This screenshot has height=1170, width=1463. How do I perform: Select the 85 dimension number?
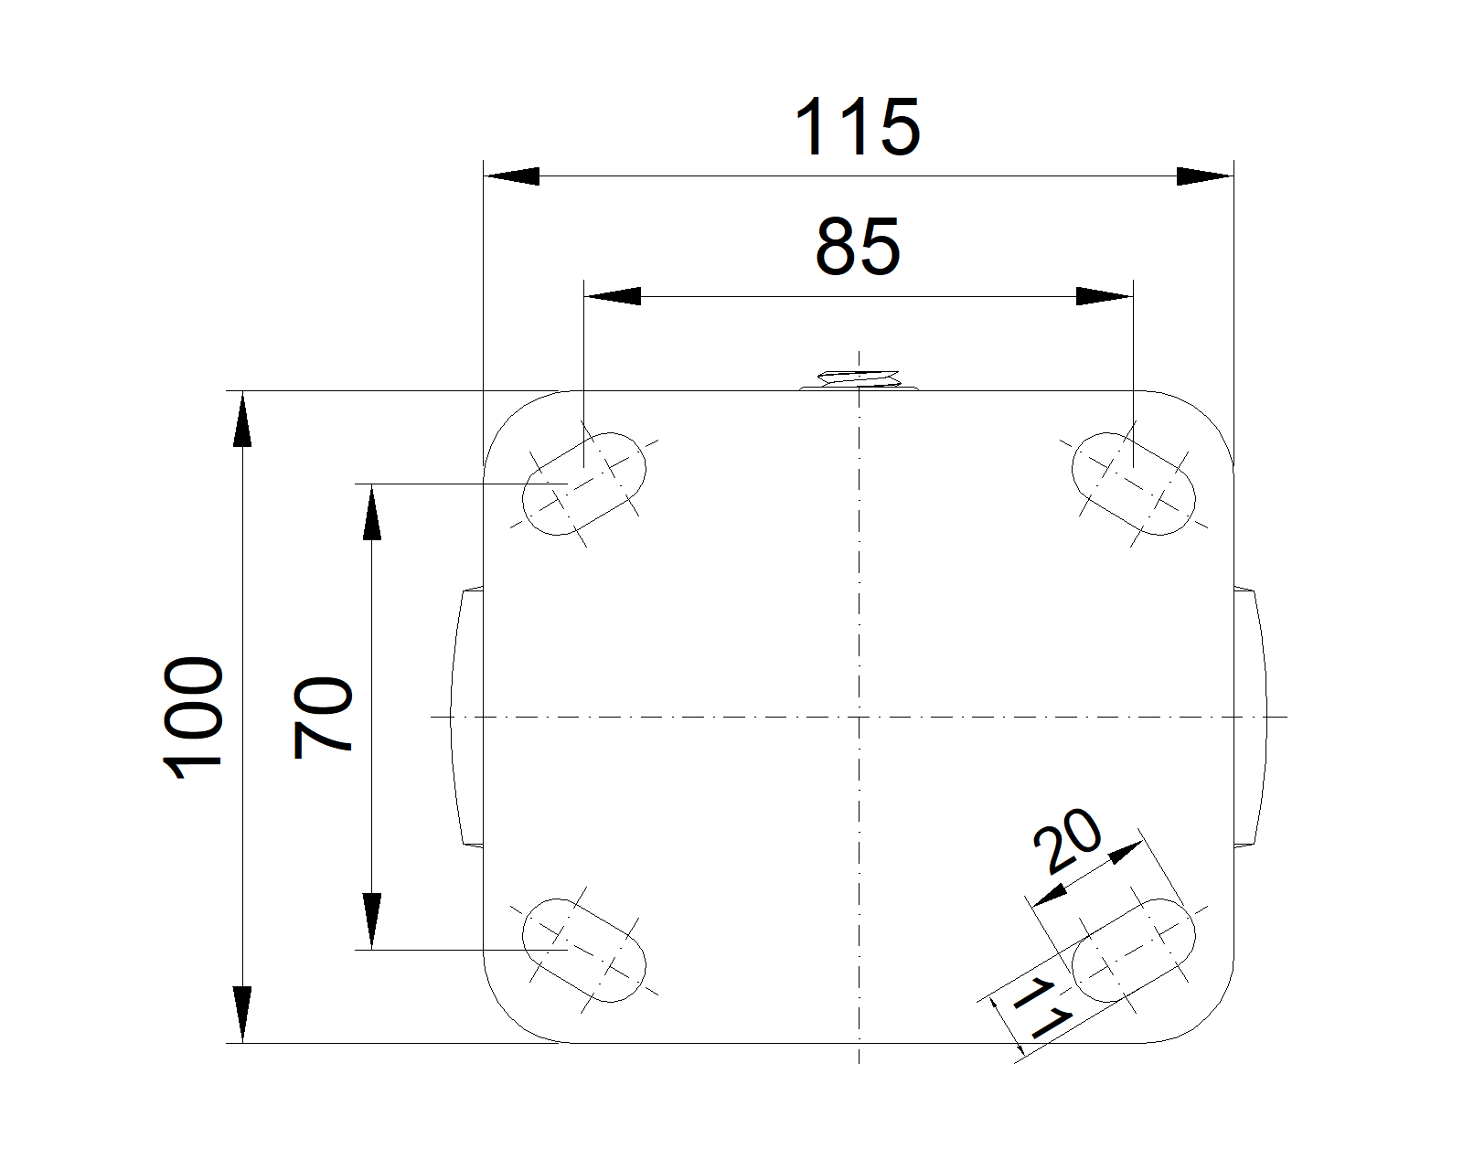(x=858, y=247)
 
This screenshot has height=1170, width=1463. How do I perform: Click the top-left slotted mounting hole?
(x=583, y=484)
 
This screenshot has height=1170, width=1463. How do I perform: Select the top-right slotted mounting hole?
(x=1133, y=484)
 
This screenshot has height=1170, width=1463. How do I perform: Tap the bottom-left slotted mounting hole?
(x=583, y=950)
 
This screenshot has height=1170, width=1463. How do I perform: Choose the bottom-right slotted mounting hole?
(x=1133, y=950)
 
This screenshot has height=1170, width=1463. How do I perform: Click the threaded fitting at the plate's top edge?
(x=859, y=378)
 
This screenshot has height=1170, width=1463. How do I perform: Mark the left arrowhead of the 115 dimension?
(x=510, y=176)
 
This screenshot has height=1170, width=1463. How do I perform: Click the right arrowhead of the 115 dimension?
(x=1205, y=176)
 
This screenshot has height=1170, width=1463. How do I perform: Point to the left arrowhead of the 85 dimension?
(x=612, y=296)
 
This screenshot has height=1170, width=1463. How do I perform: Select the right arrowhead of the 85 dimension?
(x=1105, y=296)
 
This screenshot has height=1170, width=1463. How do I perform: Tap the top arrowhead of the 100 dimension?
(x=241, y=419)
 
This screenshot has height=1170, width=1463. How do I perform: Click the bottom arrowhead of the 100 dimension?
(x=241, y=1015)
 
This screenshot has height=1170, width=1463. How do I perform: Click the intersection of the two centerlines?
(x=860, y=717)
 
